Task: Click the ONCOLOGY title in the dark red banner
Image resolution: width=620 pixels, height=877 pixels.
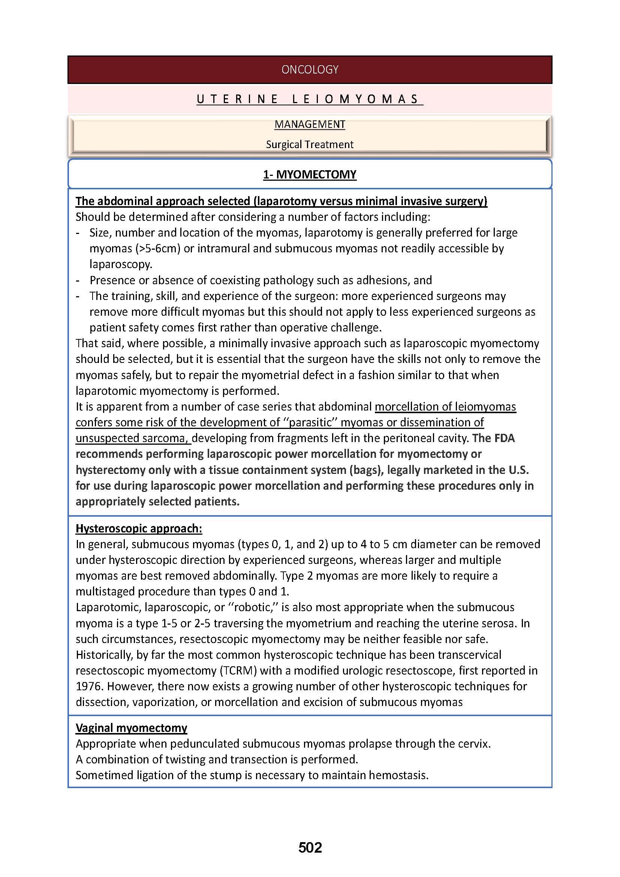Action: (310, 69)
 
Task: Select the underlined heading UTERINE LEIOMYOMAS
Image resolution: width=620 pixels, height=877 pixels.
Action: (310, 99)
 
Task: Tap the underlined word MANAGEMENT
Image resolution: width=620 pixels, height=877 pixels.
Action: (310, 124)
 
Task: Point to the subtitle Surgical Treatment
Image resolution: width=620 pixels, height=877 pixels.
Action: (310, 144)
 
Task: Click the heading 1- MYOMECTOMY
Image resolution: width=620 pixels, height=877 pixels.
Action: (310, 175)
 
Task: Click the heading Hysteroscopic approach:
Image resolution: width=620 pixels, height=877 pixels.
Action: (139, 528)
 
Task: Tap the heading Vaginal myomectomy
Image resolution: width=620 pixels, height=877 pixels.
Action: (131, 728)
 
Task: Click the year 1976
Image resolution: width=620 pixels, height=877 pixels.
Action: (89, 687)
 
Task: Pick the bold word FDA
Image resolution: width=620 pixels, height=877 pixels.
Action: (504, 438)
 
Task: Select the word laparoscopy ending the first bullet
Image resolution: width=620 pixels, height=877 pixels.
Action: (121, 264)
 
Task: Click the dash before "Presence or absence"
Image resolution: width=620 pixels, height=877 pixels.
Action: (78, 280)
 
